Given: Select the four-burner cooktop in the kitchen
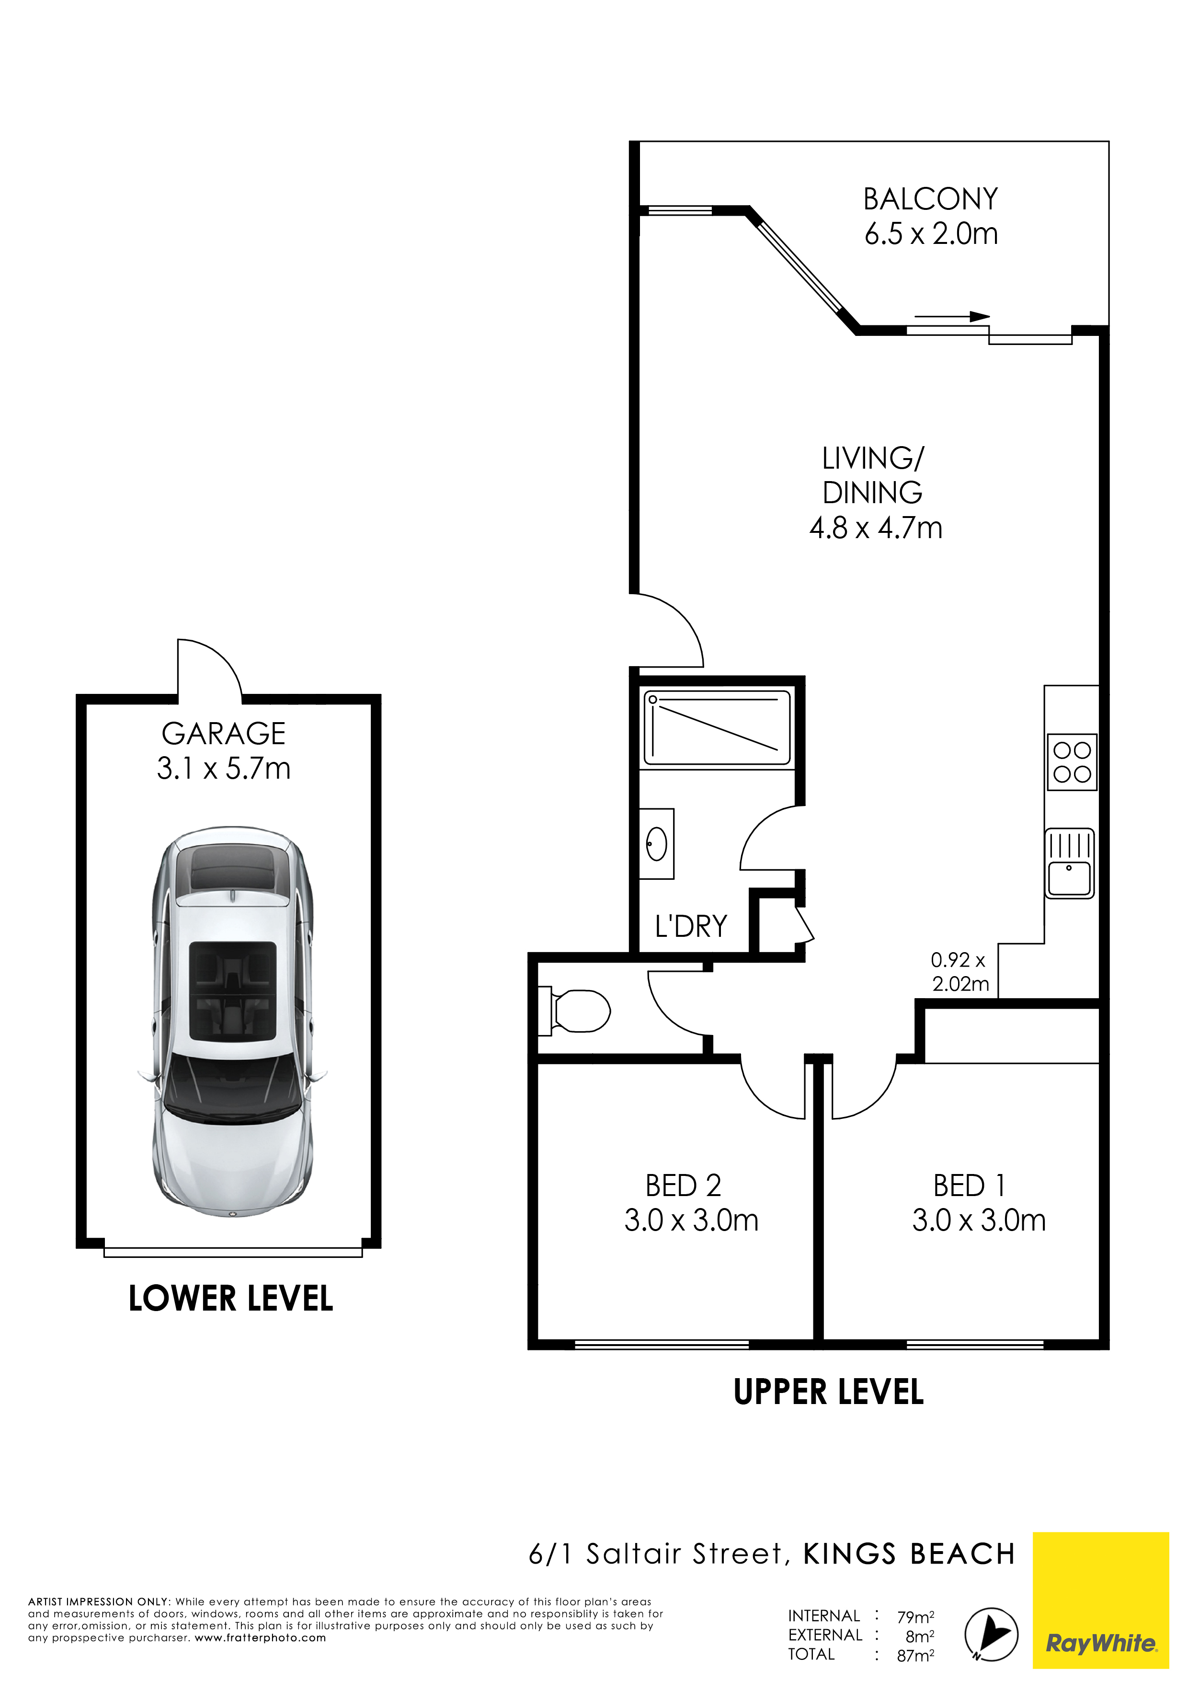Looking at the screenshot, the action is (x=1073, y=762).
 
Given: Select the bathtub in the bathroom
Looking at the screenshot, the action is (x=717, y=728).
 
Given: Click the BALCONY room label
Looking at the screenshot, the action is (x=930, y=199).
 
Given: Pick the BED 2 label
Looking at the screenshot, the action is (x=683, y=1186).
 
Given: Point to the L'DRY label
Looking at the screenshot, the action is (x=691, y=926).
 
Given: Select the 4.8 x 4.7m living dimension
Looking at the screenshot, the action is (x=876, y=528).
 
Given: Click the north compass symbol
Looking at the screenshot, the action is (x=991, y=1634).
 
